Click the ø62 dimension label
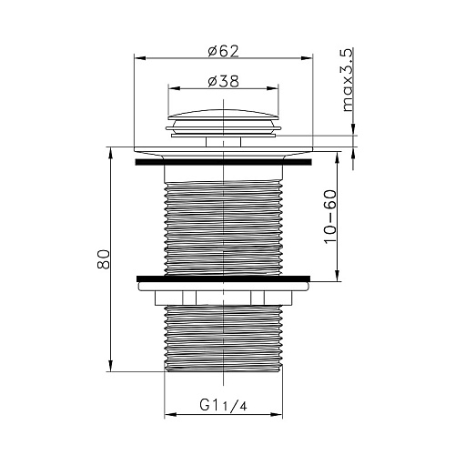pyautogui.click(x=224, y=51)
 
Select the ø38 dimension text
pyautogui.click(x=224, y=81)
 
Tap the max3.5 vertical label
pyautogui.click(x=348, y=80)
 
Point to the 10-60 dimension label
pyautogui.click(x=330, y=217)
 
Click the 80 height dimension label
pyautogui.click(x=103, y=259)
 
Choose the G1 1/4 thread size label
pyautogui.click(x=223, y=405)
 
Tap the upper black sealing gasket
pyautogui.click(x=223, y=162)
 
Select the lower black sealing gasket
pyautogui.click(x=223, y=278)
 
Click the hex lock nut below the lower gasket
pyautogui.click(x=223, y=298)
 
